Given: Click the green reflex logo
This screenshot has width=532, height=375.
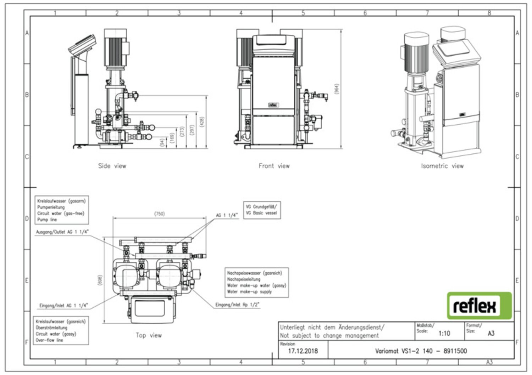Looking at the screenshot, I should click(x=479, y=306).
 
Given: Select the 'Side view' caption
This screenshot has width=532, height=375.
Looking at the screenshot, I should click(x=112, y=166).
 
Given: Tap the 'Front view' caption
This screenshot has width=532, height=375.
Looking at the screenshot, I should click(x=274, y=166).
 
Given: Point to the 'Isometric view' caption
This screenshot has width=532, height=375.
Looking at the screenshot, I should click(x=442, y=166).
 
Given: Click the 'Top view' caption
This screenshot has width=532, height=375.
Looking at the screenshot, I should click(x=148, y=335).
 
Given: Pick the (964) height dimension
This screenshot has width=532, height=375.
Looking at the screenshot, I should click(x=337, y=89).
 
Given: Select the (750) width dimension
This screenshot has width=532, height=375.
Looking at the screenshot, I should click(x=159, y=214).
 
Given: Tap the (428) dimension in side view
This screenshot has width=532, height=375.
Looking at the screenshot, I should click(x=202, y=122).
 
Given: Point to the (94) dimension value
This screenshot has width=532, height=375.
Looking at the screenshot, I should click(x=162, y=143).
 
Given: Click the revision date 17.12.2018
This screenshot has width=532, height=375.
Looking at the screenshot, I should click(x=303, y=351).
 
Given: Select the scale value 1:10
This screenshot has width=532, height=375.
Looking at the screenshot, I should click(x=444, y=333).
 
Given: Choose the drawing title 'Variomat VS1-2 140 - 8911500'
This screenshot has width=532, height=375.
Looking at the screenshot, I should click(x=421, y=351).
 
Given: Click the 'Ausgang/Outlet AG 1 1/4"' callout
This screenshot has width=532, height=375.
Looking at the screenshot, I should click(x=62, y=232).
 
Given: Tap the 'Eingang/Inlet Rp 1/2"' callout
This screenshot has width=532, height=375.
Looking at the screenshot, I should click(x=237, y=305).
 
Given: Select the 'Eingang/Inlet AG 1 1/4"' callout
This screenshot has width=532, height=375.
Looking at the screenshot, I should click(x=63, y=305).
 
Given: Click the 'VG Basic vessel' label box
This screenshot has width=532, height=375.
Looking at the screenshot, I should click(x=262, y=210).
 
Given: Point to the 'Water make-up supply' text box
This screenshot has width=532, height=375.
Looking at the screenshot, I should click(x=256, y=283).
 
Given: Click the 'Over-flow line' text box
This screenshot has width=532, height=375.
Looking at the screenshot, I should click(x=61, y=331).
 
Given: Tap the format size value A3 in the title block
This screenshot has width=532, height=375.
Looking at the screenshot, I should click(x=491, y=333).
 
